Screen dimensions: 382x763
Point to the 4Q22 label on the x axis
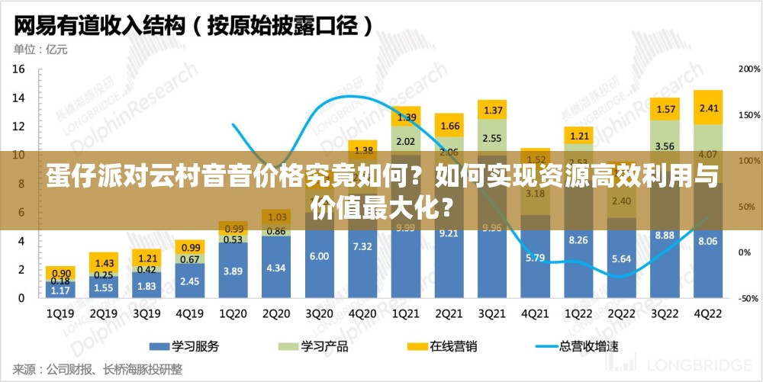707,313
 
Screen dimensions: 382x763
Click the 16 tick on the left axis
19,69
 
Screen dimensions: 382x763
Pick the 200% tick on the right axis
749,69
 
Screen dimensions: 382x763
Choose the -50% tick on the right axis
749,298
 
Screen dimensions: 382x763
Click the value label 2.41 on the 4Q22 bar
709,108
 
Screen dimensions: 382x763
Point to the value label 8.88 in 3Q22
665,236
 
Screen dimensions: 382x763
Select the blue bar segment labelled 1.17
60,290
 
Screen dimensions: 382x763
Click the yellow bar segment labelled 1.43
103,262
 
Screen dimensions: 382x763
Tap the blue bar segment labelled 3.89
233,271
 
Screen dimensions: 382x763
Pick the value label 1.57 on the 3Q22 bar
665,110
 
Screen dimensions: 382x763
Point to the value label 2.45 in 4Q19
189,281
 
